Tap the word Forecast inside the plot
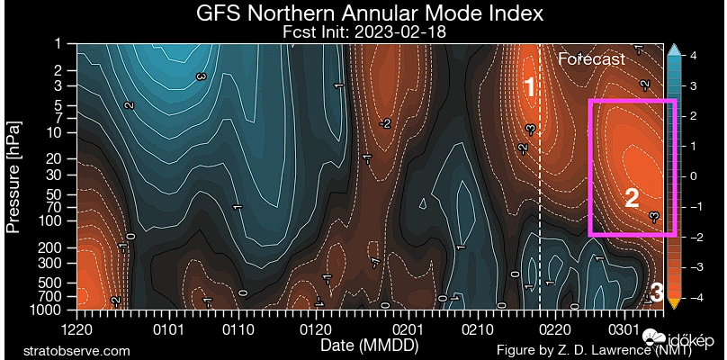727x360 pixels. coord(591,59)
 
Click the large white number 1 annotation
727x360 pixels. coord(531,87)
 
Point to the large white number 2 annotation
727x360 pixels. coord(632,198)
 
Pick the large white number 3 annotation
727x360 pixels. coord(657,292)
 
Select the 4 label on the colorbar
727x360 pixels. coord(694,56)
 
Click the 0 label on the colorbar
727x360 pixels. coord(694,176)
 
